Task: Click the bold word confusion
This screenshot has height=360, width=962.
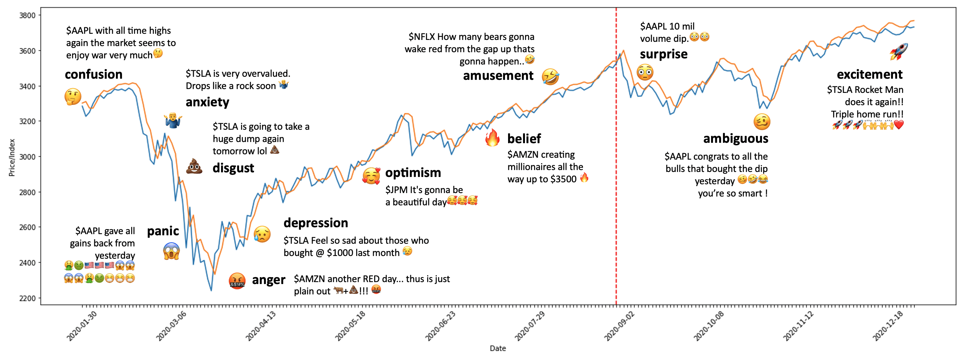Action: pyautogui.click(x=94, y=74)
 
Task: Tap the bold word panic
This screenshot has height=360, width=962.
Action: pyautogui.click(x=163, y=231)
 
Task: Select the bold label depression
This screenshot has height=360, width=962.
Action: pyautogui.click(x=315, y=223)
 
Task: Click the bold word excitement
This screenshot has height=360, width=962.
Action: pyautogui.click(x=870, y=74)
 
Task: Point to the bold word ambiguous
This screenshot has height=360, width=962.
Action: pyautogui.click(x=735, y=139)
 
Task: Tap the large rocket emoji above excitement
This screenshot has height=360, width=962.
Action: pyautogui.click(x=899, y=51)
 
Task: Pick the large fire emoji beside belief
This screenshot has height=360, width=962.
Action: pyautogui.click(x=492, y=138)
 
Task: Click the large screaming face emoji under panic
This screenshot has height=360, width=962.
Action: pyautogui.click(x=171, y=251)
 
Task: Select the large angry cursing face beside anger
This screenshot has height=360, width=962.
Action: pyautogui.click(x=237, y=281)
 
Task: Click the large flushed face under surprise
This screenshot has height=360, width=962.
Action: pyautogui.click(x=645, y=72)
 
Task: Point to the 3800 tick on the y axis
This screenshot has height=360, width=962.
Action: pyautogui.click(x=27, y=15)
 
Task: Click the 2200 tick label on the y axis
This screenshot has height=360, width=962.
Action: pyautogui.click(x=27, y=298)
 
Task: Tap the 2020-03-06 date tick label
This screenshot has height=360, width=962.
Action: pyautogui.click(x=171, y=326)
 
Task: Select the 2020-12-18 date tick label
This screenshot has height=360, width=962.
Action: pyautogui.click(x=888, y=326)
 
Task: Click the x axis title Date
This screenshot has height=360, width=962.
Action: pyautogui.click(x=498, y=348)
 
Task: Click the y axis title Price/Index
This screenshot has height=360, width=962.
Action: pyautogui.click(x=12, y=157)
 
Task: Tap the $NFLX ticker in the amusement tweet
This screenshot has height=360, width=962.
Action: pyautogui.click(x=421, y=37)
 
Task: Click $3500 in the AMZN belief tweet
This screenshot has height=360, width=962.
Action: pyautogui.click(x=563, y=179)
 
